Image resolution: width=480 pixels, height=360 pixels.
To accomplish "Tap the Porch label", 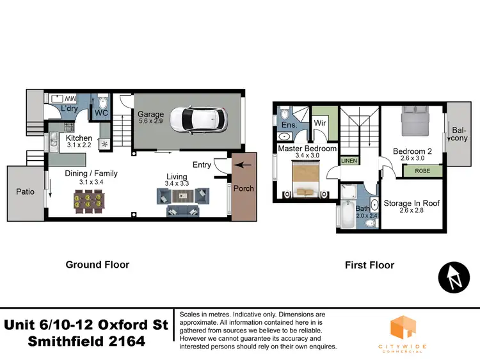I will point(243,188).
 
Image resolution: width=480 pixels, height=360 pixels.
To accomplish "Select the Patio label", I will point(25,192).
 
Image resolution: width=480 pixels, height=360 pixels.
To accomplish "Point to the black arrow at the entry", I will point(243,165).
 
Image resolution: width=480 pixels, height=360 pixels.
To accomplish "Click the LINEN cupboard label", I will point(349,161).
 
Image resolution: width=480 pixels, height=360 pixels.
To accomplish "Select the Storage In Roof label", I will point(412,204).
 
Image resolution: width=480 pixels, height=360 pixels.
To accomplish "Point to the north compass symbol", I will point(453,277).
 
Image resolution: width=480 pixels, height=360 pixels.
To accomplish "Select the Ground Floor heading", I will point(98,265).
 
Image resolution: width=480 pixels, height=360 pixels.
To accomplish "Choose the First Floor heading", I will point(369,265).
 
